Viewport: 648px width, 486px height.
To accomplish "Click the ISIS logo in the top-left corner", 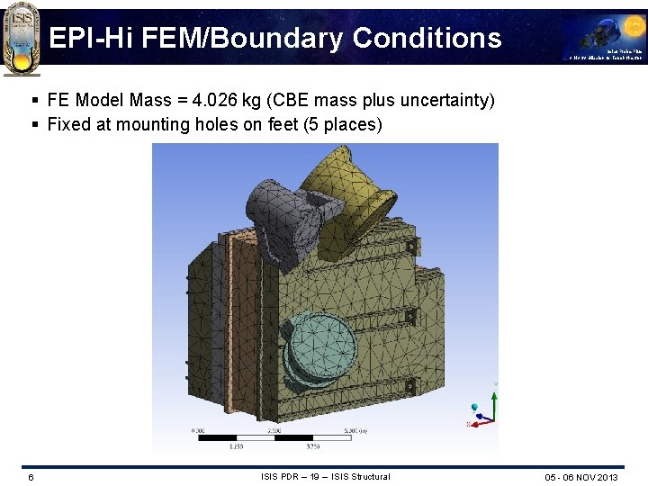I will (x=21, y=38).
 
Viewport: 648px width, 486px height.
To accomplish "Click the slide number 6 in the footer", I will (x=31, y=477).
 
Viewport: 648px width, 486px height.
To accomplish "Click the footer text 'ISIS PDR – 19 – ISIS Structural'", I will (x=325, y=476).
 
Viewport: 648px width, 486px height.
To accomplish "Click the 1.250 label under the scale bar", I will (x=237, y=446).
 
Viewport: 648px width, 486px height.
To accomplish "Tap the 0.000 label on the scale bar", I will (x=199, y=431).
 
